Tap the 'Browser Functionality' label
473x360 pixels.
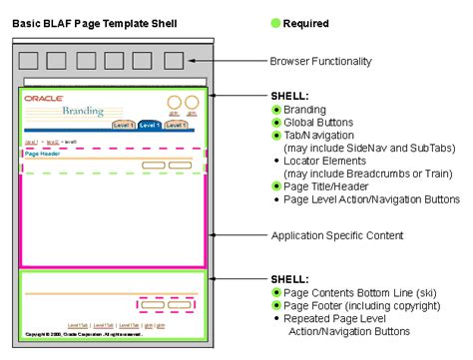[320, 62]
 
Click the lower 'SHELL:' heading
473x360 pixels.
[290, 278]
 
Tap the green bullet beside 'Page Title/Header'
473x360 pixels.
[276, 185]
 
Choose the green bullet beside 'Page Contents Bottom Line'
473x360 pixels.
[276, 291]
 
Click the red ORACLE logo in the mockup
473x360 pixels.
[43, 99]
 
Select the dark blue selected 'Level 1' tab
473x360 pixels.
[149, 126]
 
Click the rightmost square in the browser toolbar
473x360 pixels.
[174, 61]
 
